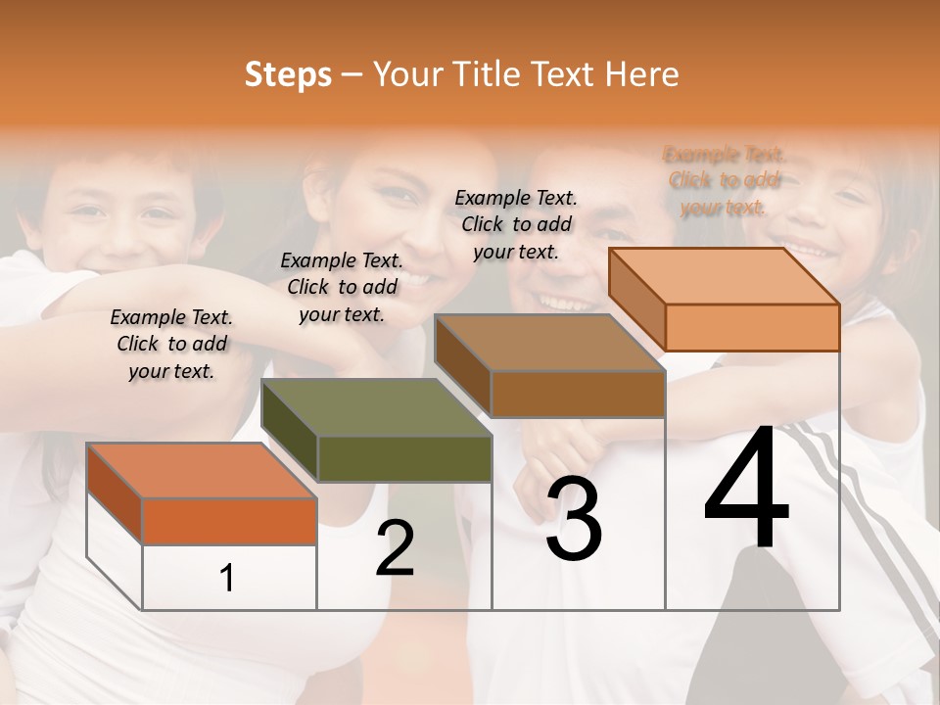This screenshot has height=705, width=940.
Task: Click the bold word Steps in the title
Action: point(288,74)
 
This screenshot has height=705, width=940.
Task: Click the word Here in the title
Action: point(641,74)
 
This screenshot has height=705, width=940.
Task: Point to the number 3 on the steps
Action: point(574,519)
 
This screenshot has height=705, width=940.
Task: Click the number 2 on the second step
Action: point(395,549)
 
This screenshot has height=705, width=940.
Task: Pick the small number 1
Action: point(227,579)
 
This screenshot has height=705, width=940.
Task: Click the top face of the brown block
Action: point(548,344)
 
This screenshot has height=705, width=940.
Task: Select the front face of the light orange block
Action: point(752,327)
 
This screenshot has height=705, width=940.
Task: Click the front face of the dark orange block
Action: point(229,521)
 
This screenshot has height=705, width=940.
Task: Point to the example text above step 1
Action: point(172,345)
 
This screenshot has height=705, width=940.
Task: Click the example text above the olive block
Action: point(342,287)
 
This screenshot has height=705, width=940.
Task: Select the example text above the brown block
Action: point(516,224)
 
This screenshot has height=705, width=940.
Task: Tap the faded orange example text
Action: point(724,181)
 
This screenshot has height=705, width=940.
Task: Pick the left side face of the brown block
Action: point(462,366)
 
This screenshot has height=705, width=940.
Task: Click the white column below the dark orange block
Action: point(229,578)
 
